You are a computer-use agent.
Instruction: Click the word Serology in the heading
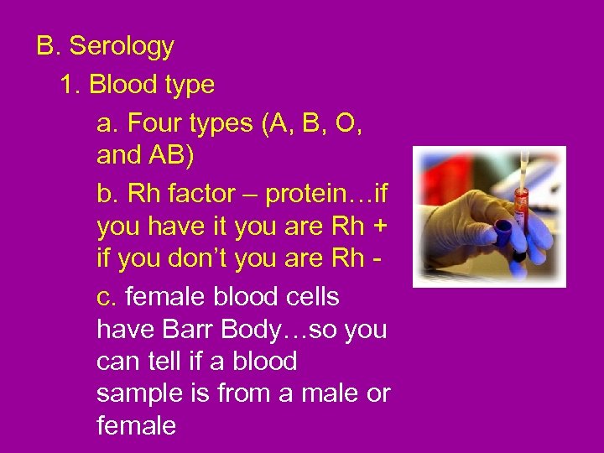coord(122,47)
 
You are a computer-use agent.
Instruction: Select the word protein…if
coord(326,194)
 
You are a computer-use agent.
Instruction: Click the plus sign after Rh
coord(379,227)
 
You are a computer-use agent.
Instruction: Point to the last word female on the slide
coord(136,426)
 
